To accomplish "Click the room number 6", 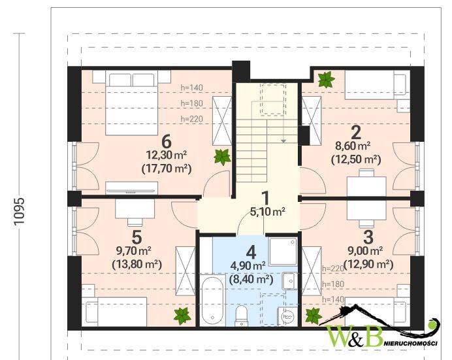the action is point(167,141).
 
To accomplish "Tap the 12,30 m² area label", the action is point(167,155).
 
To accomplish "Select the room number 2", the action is point(356,133).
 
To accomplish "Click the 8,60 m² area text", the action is point(353,146).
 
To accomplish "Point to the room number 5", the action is point(137,238).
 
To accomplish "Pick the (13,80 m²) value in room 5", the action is point(137,264).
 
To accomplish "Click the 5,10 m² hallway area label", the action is point(268,212).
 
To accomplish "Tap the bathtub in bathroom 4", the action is point(212,300).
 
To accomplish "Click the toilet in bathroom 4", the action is point(241,316).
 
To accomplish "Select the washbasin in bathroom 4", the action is point(289,280).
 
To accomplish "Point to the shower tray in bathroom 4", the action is point(282,252).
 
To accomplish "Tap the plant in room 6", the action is point(222,157).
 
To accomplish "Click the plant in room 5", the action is point(182,316).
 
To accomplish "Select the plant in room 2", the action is point(327,80).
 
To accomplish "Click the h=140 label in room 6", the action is point(191,88).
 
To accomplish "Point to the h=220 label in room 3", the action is point(333,269).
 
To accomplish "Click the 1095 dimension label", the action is point(19,211).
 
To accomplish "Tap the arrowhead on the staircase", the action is point(283,141).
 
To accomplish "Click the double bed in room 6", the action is point(132,104).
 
